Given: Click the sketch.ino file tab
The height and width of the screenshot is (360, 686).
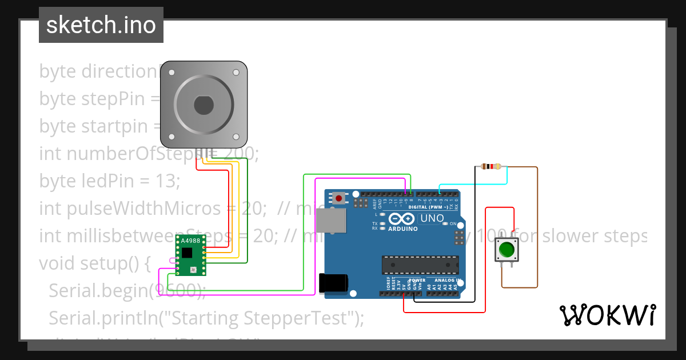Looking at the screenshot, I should click(x=101, y=25).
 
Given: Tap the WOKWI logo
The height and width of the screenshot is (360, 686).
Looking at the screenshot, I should click(x=607, y=315).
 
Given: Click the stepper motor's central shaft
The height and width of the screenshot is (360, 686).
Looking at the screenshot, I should click(x=204, y=105).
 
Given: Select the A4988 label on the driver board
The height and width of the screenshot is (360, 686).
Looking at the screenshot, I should click(x=190, y=241).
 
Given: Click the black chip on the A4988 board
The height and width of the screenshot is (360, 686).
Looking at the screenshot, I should click(x=188, y=254).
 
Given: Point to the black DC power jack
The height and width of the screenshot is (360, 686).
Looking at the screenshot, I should click(x=333, y=284).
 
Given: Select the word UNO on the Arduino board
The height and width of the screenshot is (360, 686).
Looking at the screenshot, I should click(x=432, y=218).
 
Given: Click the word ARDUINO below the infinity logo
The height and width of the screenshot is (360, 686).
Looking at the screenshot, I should click(x=403, y=229).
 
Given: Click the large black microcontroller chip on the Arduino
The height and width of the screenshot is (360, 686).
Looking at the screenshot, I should click(x=420, y=265).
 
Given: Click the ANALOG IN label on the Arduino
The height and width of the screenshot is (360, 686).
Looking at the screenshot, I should click(x=446, y=281).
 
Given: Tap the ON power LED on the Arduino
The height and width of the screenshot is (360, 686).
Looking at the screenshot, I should click(x=445, y=223).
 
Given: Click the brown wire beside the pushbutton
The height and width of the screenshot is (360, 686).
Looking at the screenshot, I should click(x=537, y=229).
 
